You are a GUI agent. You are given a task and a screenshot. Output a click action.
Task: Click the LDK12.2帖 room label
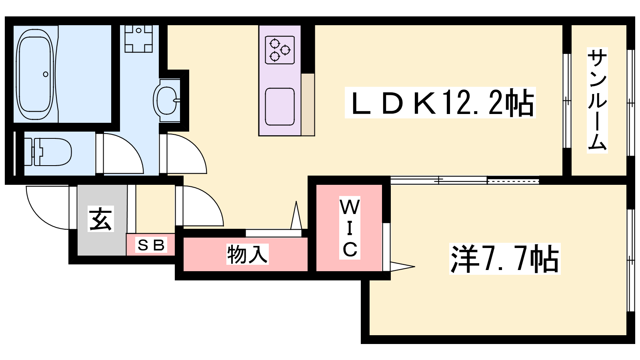[x=440, y=102]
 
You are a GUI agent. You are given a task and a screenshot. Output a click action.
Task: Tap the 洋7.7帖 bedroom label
[x=504, y=259]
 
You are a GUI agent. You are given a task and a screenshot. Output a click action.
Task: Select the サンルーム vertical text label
[x=597, y=100]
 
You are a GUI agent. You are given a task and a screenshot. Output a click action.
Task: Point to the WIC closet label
[x=350, y=228]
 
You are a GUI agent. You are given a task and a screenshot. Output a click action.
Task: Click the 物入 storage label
[x=248, y=254]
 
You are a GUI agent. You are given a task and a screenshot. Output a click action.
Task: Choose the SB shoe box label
[x=151, y=245]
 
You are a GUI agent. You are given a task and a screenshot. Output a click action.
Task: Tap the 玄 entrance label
[x=100, y=218]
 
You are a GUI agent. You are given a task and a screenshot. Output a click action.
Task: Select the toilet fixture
[x=48, y=152]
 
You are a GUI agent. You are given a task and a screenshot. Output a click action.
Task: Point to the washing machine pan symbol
[x=138, y=38]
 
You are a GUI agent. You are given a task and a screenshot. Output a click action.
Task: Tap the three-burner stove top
[x=280, y=50]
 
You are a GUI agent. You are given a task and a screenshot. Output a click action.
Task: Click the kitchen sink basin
[x=280, y=106]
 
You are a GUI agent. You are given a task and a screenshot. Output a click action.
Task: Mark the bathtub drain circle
[x=46, y=74]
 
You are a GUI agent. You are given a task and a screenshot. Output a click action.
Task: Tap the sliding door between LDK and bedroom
[x=464, y=180]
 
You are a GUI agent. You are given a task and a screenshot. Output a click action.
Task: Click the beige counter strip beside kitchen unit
[x=308, y=104]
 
